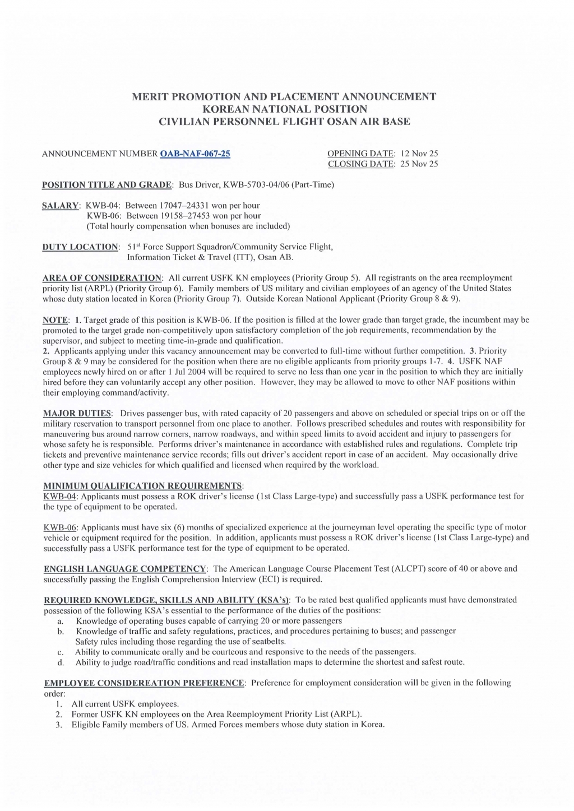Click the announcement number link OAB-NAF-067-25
195,154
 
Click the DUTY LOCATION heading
81,247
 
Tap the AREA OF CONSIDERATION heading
102,278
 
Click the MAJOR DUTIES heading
77,414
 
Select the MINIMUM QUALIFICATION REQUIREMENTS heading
143,486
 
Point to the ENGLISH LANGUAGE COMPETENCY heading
125,569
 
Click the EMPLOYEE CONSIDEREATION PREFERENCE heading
144,683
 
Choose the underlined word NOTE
55,320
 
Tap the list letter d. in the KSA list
61,662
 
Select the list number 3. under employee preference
58,725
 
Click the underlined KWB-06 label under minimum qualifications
59,527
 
